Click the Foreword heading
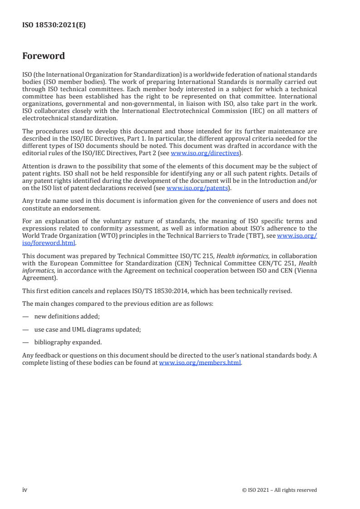coord(44,56)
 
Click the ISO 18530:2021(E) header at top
coord(54,25)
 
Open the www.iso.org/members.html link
coord(200,363)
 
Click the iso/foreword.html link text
coord(49,243)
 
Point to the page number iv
coord(25,490)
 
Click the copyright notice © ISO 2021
coord(279,490)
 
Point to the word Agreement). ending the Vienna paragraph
coord(40,278)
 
